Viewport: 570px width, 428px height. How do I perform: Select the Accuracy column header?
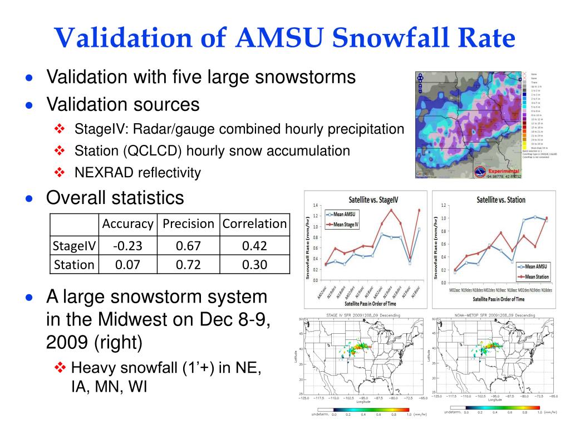[x=127, y=224]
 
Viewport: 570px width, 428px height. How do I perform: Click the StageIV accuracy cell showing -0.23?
[x=127, y=246]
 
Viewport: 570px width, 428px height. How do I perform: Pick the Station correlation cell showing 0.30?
[x=254, y=265]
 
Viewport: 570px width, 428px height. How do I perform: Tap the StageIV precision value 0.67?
[x=188, y=246]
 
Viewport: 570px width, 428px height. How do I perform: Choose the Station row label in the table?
[x=74, y=265]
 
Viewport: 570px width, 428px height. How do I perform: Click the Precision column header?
[x=188, y=224]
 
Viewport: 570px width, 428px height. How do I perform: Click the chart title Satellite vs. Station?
[x=501, y=200]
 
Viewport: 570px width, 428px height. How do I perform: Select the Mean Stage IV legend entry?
[x=346, y=225]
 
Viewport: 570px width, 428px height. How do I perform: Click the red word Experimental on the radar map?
[x=503, y=171]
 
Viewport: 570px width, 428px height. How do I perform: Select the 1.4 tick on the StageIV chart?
[x=315, y=206]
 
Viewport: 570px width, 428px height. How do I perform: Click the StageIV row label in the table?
[x=74, y=246]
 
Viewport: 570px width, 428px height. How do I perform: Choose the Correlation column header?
[x=254, y=224]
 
